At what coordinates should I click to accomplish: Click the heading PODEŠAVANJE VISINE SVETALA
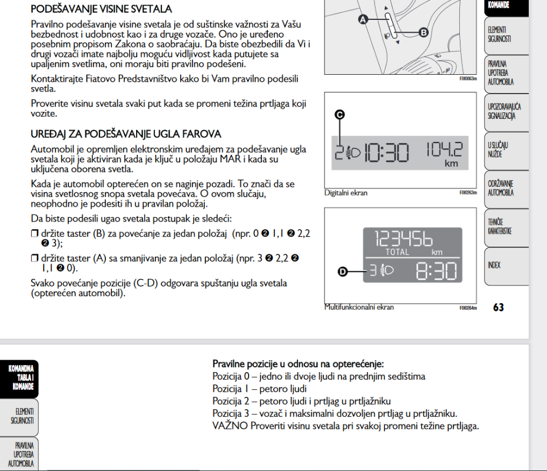point(101,9)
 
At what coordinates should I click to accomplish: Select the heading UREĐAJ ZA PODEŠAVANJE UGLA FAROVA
point(126,134)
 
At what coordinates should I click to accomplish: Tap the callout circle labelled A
point(363,20)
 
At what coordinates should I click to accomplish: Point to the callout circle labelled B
point(423,32)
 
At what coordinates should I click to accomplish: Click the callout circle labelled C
point(339,115)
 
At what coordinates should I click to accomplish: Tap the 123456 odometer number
point(404,238)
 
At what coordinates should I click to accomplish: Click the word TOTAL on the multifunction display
point(397,252)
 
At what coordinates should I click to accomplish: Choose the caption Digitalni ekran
point(346,193)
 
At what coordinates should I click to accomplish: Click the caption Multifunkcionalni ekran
point(359,307)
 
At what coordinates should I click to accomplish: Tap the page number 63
point(499,307)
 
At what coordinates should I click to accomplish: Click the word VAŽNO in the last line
point(228,426)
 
